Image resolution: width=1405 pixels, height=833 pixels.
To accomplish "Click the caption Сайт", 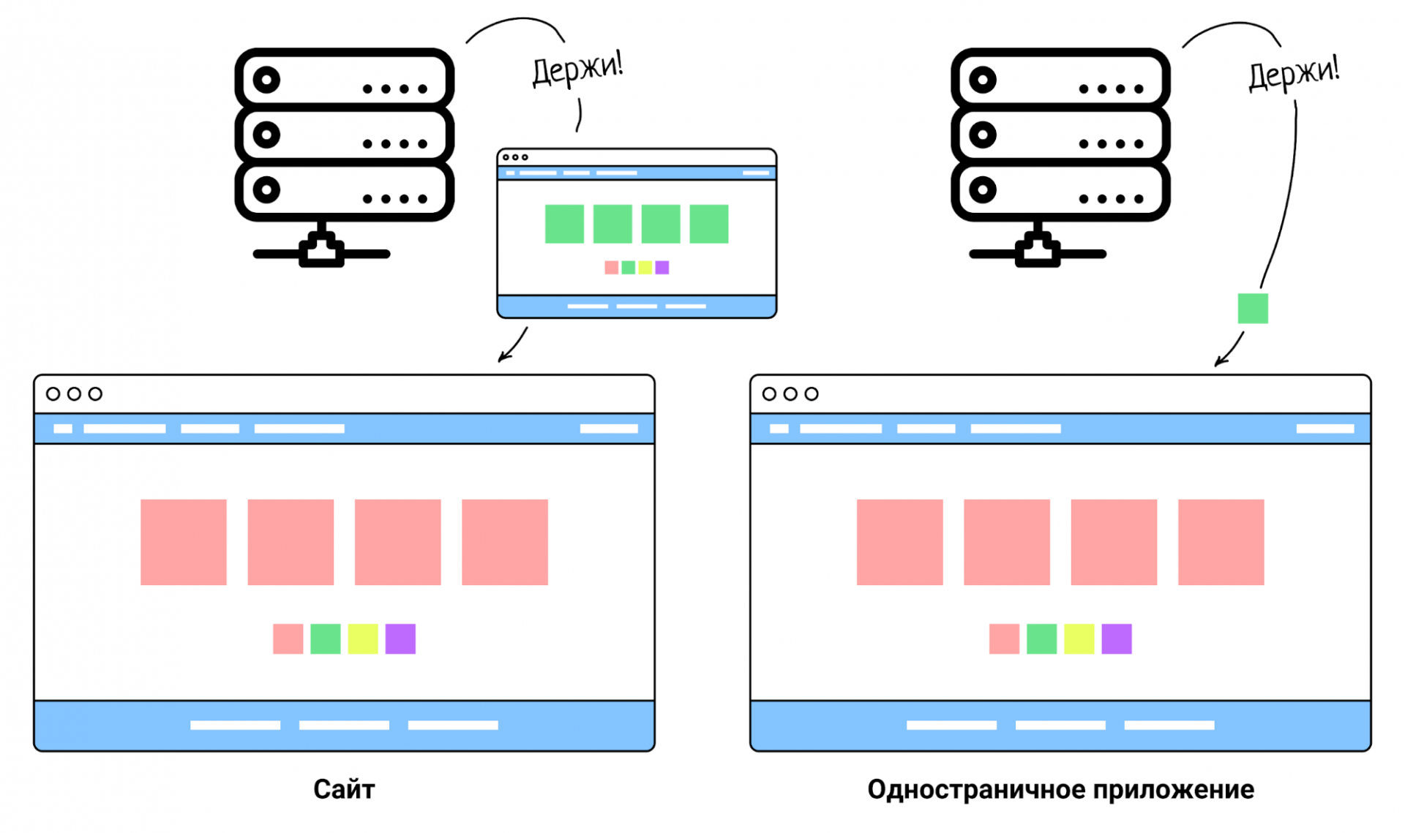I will pos(344,789).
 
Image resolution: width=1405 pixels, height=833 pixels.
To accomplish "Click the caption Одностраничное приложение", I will pos(1060,789).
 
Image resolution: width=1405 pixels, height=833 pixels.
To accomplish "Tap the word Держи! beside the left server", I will pos(577,69).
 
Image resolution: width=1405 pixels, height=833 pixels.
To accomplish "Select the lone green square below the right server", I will pos(1253,309).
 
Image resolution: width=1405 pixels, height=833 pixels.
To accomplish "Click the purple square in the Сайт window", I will pos(400,638).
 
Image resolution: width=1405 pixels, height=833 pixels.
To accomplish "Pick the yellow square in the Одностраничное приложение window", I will pos(1079,638).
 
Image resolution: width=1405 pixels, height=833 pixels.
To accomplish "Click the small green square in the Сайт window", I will pos(325,638).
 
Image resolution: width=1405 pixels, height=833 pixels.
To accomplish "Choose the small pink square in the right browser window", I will pos(1004,638).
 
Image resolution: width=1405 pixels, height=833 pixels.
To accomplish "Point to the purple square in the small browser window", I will pos(662,268).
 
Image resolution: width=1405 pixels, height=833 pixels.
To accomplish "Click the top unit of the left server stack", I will pos(344,80).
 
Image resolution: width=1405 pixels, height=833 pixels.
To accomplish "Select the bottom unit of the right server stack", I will pos(1060,190).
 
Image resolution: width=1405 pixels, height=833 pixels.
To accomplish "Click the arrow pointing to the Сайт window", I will pos(512,345).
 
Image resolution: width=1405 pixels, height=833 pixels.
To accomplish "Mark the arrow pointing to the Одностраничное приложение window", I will pos(1229,350).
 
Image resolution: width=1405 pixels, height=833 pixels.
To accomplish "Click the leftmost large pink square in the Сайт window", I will pos(184,542).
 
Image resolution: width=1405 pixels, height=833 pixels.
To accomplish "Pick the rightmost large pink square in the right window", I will pos(1221,542).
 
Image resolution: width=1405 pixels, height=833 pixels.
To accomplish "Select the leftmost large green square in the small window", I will pos(564,224).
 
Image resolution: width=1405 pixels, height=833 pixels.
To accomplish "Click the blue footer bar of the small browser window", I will pos(637,306).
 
